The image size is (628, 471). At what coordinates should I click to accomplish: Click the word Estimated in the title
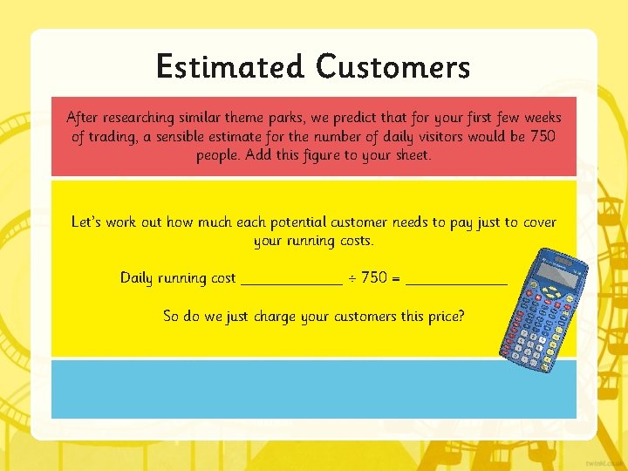pyautogui.click(x=230, y=66)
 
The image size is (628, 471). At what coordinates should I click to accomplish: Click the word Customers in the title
pyautogui.click(x=393, y=66)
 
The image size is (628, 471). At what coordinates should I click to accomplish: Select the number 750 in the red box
pyautogui.click(x=543, y=136)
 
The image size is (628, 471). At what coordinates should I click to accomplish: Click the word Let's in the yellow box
pyautogui.click(x=86, y=222)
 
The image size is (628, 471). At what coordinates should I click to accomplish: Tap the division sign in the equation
pyautogui.click(x=352, y=277)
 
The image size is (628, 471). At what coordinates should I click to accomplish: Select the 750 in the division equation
pyautogui.click(x=374, y=277)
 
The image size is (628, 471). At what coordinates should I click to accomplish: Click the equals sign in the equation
pyautogui.click(x=397, y=277)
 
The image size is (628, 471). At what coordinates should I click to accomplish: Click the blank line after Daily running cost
pyautogui.click(x=291, y=281)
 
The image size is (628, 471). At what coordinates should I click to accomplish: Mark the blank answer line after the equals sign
pyautogui.click(x=457, y=281)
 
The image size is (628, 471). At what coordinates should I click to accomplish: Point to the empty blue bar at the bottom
pyautogui.click(x=314, y=389)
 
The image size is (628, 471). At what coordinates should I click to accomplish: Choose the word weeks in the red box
pyautogui.click(x=543, y=117)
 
